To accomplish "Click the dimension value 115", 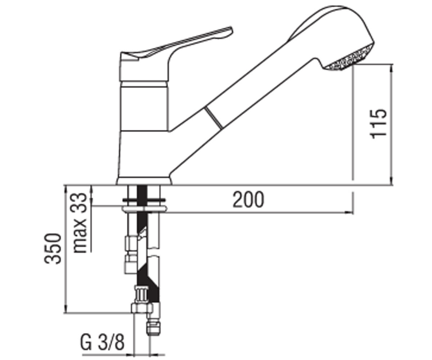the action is coord(378,123).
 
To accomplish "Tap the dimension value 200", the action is coord(248,199).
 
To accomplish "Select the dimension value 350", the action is coord(53,248).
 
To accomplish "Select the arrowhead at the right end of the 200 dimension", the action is coord(349,212).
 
